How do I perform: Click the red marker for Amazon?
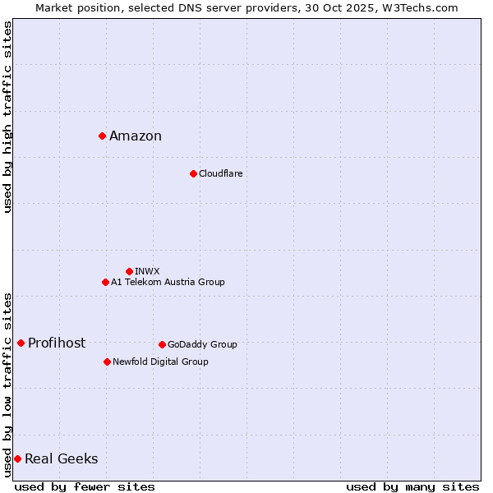click(x=102, y=136)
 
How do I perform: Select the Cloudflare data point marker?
click(x=193, y=173)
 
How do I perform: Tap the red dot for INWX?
click(x=129, y=271)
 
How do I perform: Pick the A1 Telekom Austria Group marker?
click(x=105, y=282)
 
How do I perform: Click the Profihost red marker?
click(x=21, y=343)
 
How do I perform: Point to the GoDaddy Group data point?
click(x=162, y=344)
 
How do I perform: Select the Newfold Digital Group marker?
click(x=107, y=362)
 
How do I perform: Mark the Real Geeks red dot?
click(x=17, y=458)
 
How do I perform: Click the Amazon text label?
click(x=136, y=136)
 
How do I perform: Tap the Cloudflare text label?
click(x=221, y=174)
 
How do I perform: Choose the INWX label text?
click(x=148, y=271)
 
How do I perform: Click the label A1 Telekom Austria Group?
click(x=168, y=283)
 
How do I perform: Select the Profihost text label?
click(x=57, y=343)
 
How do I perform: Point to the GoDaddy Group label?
click(x=202, y=345)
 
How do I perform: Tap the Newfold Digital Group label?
click(x=160, y=362)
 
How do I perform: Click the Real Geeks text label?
click(x=62, y=459)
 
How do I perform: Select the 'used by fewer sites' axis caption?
click(x=85, y=486)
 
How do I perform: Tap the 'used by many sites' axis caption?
click(x=412, y=486)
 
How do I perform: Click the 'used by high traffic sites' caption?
click(x=7, y=117)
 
